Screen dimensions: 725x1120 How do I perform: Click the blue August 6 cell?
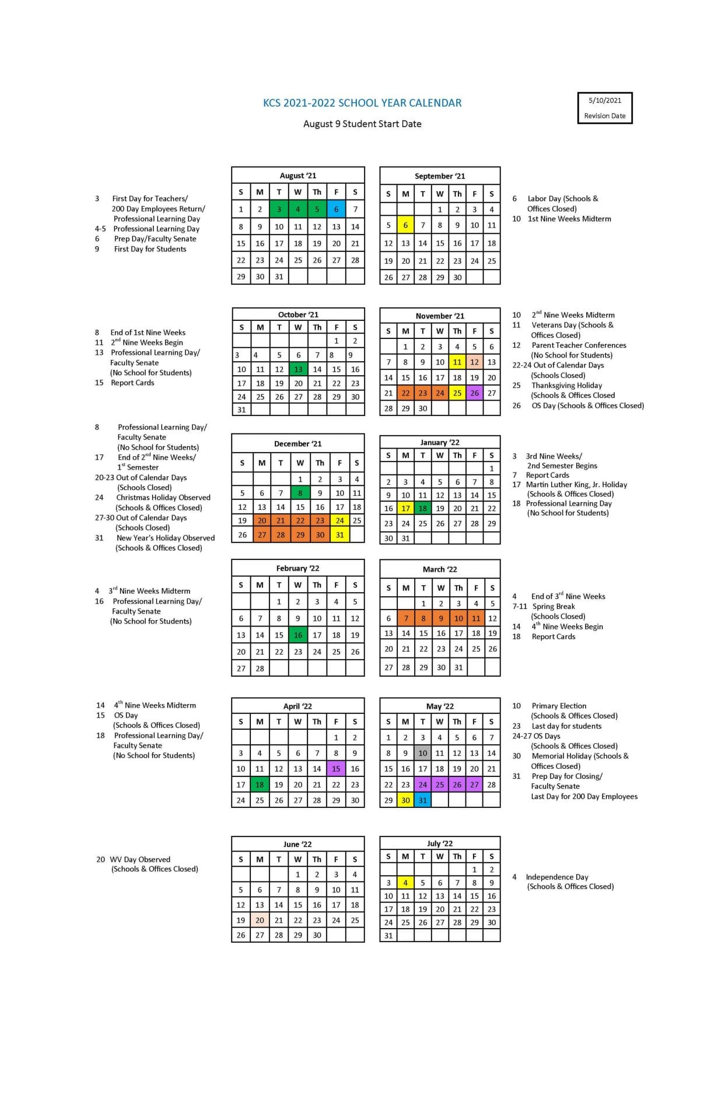pyautogui.click(x=336, y=209)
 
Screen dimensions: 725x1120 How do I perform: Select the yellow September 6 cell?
pyautogui.click(x=405, y=225)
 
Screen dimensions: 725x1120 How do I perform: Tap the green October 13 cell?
pyautogui.click(x=298, y=369)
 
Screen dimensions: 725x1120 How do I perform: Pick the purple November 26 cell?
pyautogui.click(x=475, y=393)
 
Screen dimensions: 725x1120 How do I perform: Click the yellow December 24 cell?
pyautogui.click(x=339, y=520)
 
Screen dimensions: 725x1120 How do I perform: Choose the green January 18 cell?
pyautogui.click(x=423, y=509)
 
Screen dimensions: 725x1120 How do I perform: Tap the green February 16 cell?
pyautogui.click(x=298, y=635)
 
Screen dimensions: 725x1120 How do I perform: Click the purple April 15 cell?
pyautogui.click(x=336, y=769)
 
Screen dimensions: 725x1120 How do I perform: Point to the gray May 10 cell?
pyautogui.click(x=423, y=753)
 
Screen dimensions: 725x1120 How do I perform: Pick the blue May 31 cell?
pyautogui.click(x=423, y=800)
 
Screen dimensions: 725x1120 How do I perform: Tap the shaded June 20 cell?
pyautogui.click(x=260, y=920)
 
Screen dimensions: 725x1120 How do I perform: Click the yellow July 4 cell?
pyautogui.click(x=405, y=883)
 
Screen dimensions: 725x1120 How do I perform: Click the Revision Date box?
pyautogui.click(x=605, y=108)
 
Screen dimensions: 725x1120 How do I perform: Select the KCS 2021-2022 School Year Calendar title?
pyautogui.click(x=362, y=103)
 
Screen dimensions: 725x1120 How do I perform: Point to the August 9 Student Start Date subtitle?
pyautogui.click(x=362, y=124)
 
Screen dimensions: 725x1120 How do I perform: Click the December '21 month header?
pyautogui.click(x=298, y=444)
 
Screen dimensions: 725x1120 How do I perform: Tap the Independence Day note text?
pyautogui.click(x=557, y=877)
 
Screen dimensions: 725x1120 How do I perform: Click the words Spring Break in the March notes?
pyautogui.click(x=554, y=606)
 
